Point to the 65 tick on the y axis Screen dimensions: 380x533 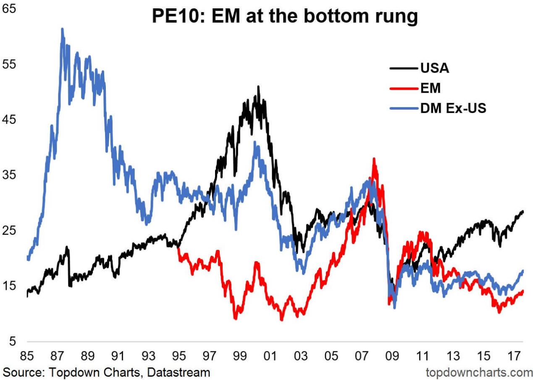(x=9, y=9)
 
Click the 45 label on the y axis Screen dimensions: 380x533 (x=9, y=120)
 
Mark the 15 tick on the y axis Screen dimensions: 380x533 (x=9, y=286)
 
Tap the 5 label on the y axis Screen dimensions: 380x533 (x=13, y=341)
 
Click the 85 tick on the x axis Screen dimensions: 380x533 (x=27, y=356)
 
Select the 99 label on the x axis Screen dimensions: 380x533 (x=239, y=356)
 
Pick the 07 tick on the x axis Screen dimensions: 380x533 (x=361, y=356)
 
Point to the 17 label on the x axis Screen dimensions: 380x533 (x=514, y=356)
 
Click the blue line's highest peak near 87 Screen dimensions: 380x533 (x=62, y=29)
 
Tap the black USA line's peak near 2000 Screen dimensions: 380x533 (x=258, y=87)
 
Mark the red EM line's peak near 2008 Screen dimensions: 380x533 (x=373, y=159)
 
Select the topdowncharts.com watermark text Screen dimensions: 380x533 (x=479, y=372)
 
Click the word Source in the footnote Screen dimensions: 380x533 (x=21, y=372)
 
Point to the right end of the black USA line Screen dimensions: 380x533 (x=523, y=211)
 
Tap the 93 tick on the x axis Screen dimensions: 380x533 (x=148, y=356)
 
